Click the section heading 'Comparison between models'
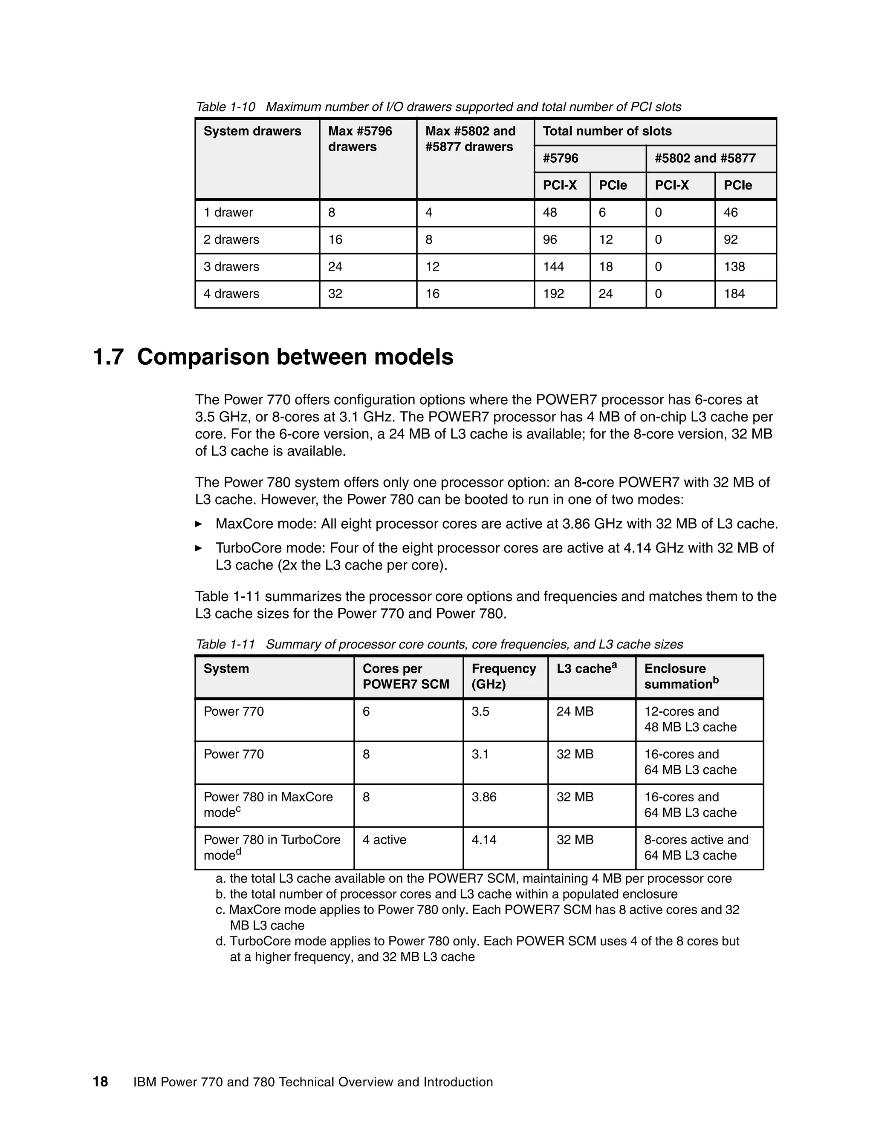pos(295,357)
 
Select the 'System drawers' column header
pos(252,131)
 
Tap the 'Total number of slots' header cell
pos(607,131)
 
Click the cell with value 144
pos(553,267)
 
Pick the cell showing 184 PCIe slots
pos(734,294)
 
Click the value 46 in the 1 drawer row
pos(730,213)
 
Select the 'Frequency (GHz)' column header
pos(503,676)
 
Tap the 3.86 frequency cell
pos(483,797)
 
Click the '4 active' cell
pos(384,840)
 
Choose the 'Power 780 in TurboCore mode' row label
pos(272,847)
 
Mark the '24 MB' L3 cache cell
pos(575,711)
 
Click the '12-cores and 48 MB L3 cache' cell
pos(690,719)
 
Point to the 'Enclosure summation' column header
pos(681,676)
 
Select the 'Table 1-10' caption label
pos(225,107)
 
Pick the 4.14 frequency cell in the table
pos(483,840)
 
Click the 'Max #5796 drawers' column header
pos(359,139)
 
